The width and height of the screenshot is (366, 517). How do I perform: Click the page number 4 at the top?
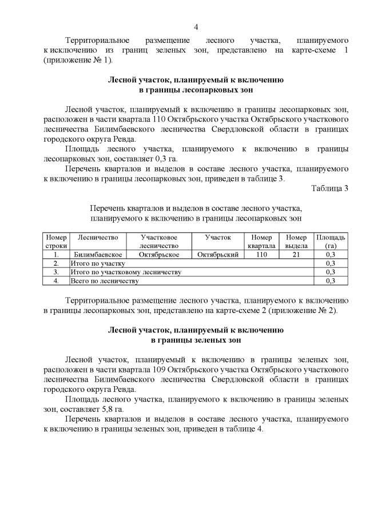coord(196,27)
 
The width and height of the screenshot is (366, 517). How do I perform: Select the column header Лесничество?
coord(98,237)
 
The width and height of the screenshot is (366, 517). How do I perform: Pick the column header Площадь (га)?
coord(330,241)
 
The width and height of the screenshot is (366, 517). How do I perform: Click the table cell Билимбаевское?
coord(97,255)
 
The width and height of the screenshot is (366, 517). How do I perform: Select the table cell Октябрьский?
coord(217,255)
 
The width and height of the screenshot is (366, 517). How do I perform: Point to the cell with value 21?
coord(296,255)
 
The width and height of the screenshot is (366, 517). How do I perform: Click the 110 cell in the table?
coord(261,255)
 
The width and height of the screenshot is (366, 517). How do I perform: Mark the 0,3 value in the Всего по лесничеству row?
coord(330,281)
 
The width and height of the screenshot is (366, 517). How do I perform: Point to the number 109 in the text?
coord(163,370)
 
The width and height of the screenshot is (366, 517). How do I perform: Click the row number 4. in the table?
coord(56,281)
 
